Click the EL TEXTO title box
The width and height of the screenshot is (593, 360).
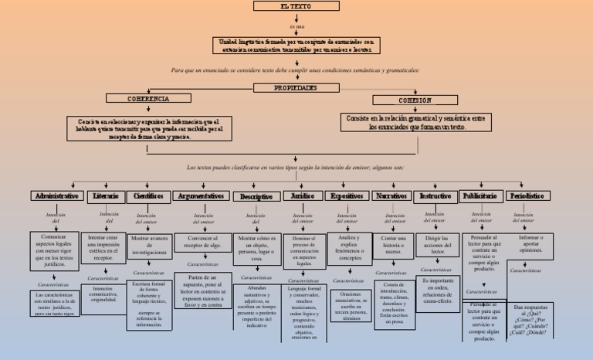pos(296,6)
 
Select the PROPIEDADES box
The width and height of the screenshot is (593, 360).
pos(296,87)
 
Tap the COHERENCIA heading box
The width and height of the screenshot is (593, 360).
pos(148,99)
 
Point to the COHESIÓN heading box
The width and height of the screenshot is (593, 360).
pos(415,100)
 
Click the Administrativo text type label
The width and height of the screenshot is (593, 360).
pos(56,196)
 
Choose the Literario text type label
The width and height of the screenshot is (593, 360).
pos(105,196)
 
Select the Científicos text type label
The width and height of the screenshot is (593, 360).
pos(147,196)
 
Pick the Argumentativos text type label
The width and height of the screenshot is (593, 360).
pos(201,196)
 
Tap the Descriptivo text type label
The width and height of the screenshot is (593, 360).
pos(256,197)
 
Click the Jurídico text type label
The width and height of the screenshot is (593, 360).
pos(303,196)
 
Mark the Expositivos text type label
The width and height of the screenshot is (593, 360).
pos(347,196)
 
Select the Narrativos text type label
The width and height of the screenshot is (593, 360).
pos(393,196)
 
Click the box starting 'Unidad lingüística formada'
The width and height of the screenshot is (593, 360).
pos(296,45)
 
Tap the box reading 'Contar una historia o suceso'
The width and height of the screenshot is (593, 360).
pos(393,245)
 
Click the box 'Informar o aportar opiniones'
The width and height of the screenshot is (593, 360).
pos(530,244)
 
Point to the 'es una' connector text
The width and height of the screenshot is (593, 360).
pos(296,25)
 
